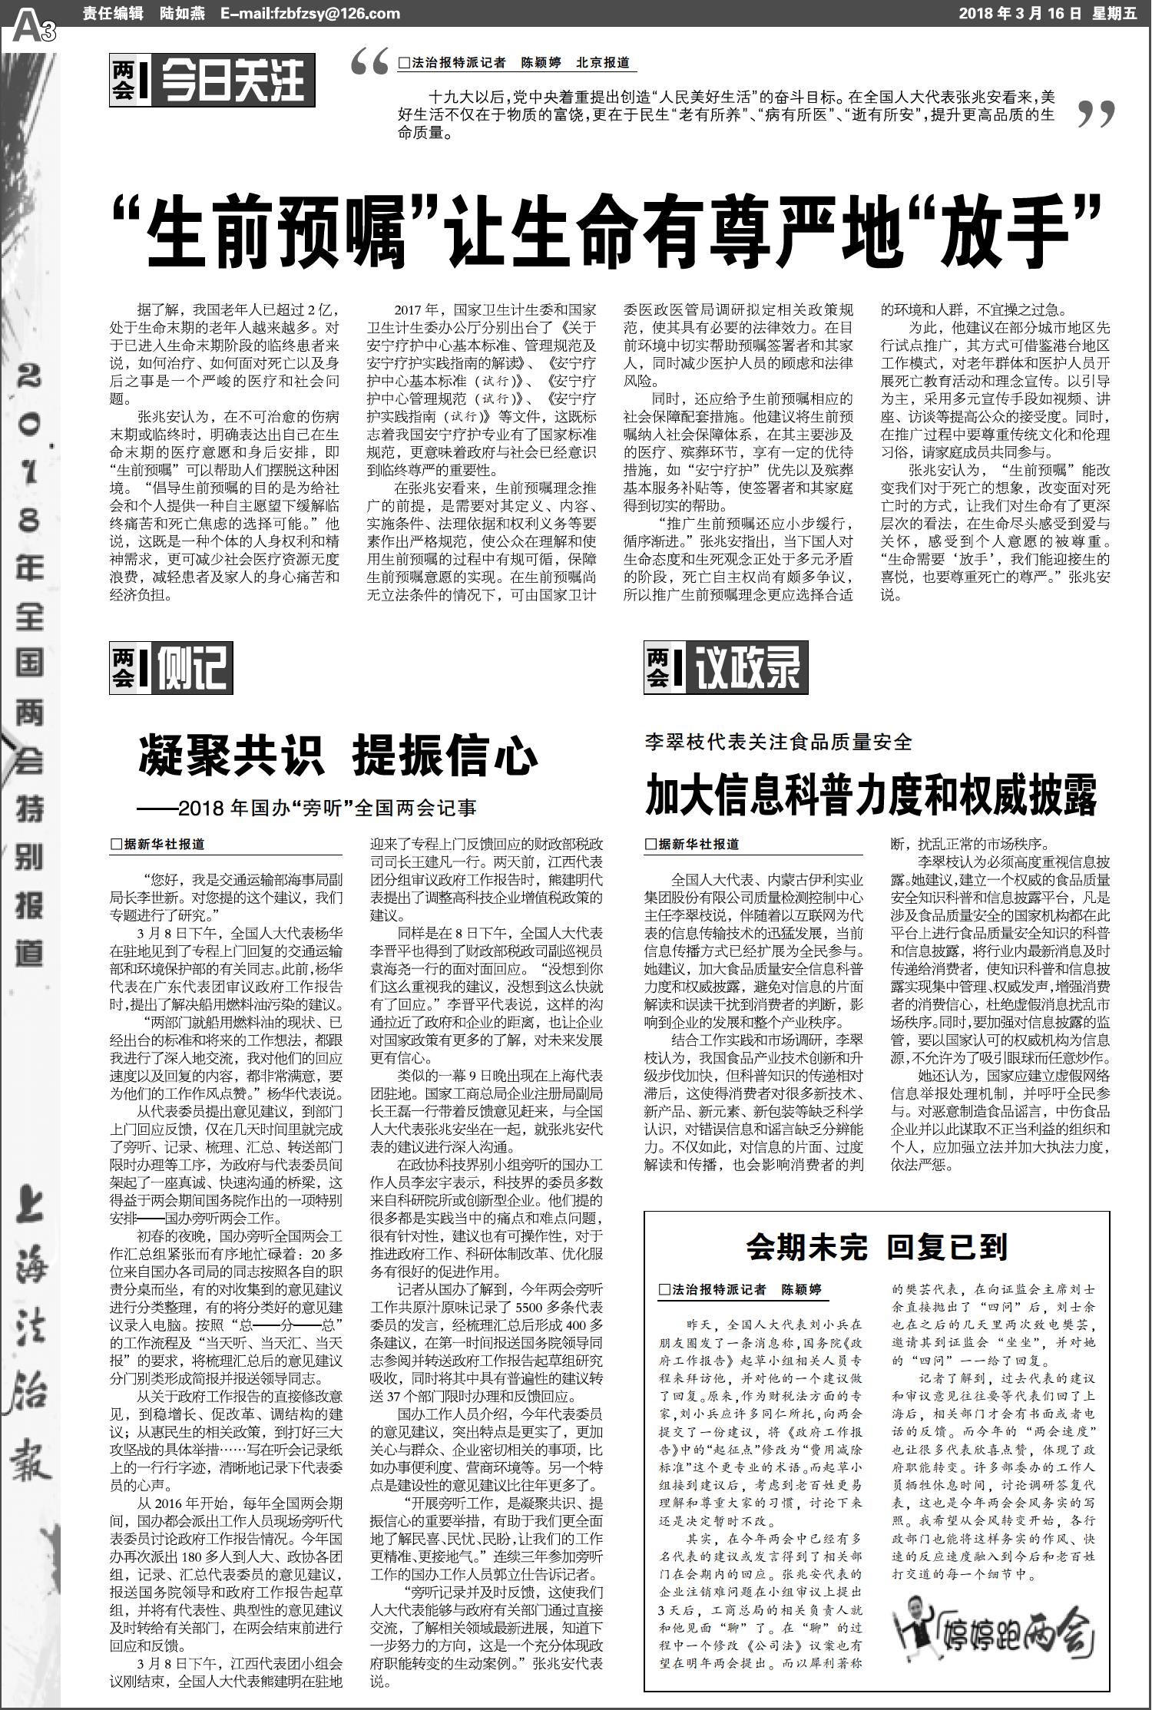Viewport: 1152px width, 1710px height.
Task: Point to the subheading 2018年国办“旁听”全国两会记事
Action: [x=307, y=809]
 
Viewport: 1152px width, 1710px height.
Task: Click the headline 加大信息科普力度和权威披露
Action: [x=871, y=795]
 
